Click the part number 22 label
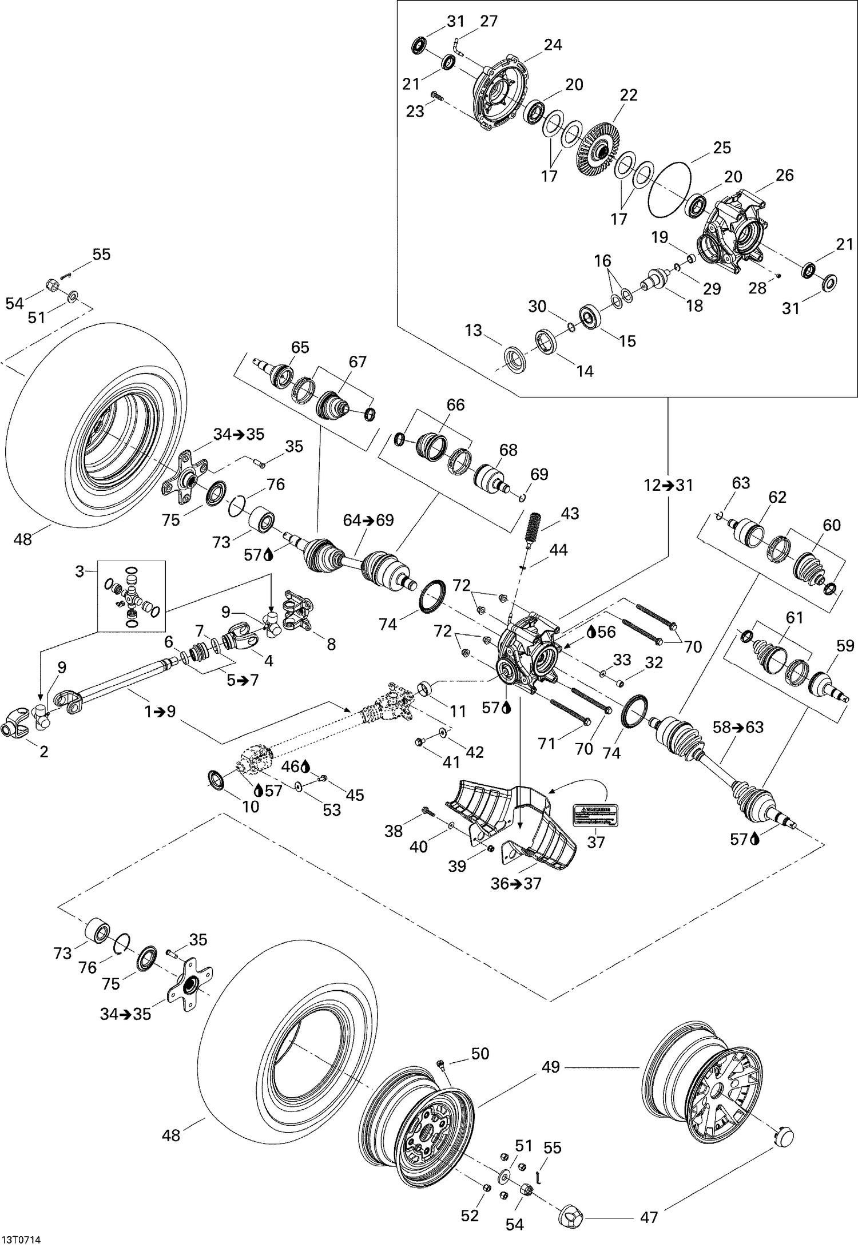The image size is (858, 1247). (628, 95)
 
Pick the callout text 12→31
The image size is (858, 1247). (668, 486)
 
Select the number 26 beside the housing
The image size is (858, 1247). (784, 175)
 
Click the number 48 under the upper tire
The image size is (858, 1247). (23, 539)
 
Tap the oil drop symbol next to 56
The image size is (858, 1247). (591, 631)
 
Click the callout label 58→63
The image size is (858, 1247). (738, 728)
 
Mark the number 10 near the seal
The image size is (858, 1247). (251, 807)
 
